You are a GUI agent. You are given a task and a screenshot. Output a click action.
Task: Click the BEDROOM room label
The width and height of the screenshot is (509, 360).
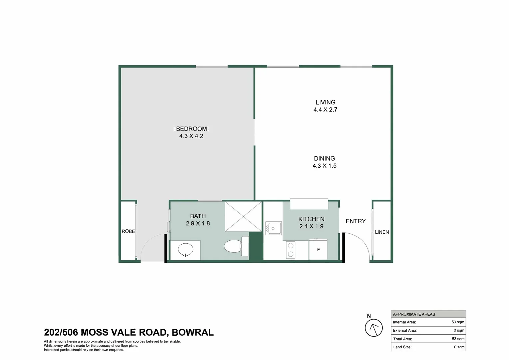pyautogui.click(x=191, y=129)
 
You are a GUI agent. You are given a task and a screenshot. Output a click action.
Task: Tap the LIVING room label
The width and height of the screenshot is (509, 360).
pyautogui.click(x=325, y=102)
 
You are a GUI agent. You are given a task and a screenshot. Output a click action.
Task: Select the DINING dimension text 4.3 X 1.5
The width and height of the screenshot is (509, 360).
pyautogui.click(x=324, y=166)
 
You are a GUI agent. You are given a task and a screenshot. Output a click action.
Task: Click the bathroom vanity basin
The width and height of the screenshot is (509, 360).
pyautogui.click(x=186, y=250)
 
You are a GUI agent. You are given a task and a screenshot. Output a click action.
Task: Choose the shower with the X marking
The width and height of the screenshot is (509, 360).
pyautogui.click(x=244, y=217)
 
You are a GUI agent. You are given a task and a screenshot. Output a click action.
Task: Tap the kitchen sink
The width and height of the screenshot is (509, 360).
pyautogui.click(x=273, y=228)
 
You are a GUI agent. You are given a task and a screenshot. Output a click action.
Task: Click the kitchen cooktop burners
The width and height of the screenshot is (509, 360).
pyautogui.click(x=290, y=250)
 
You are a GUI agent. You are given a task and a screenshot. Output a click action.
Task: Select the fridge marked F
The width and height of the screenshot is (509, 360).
pyautogui.click(x=318, y=249)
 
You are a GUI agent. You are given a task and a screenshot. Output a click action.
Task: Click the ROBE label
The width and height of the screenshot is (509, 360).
pyautogui.click(x=128, y=231)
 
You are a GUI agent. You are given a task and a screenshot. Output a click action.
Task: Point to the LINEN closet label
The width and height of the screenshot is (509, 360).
pyautogui.click(x=382, y=232)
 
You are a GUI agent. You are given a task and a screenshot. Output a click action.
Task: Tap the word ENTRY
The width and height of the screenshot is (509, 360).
pyautogui.click(x=356, y=221)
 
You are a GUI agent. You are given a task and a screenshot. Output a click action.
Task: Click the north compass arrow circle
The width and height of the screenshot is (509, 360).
pyautogui.click(x=374, y=328)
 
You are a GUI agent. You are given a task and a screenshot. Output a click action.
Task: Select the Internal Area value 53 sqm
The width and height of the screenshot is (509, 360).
pyautogui.click(x=458, y=322)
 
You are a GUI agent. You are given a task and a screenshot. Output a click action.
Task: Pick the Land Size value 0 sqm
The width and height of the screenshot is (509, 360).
pyautogui.click(x=459, y=347)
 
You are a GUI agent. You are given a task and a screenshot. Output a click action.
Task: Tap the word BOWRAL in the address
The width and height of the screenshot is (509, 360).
pyautogui.click(x=193, y=332)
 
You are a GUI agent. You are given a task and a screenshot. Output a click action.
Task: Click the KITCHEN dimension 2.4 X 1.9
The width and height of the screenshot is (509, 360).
pyautogui.click(x=311, y=226)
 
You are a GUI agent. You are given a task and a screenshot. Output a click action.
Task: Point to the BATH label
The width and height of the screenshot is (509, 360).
pyautogui.click(x=198, y=216)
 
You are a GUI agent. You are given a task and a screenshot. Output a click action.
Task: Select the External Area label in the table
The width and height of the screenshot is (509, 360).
pyautogui.click(x=405, y=330)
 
